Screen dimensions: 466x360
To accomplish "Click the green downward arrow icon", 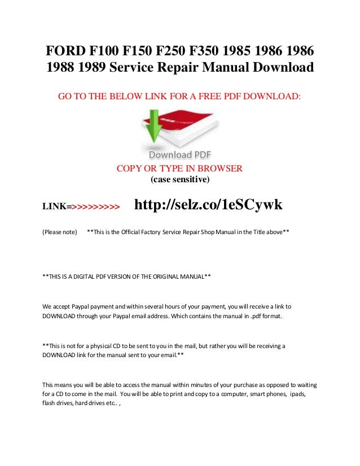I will (x=151, y=127).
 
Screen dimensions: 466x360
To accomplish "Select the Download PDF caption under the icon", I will (x=180, y=154).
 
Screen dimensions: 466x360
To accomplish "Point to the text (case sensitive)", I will (x=179, y=180).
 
